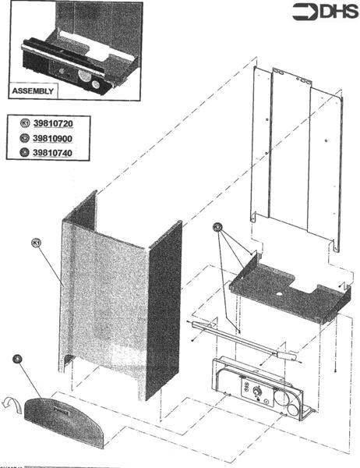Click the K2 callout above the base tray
pos(217,228)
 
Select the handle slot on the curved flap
pos(62,404)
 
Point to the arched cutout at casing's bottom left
pos(68,359)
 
